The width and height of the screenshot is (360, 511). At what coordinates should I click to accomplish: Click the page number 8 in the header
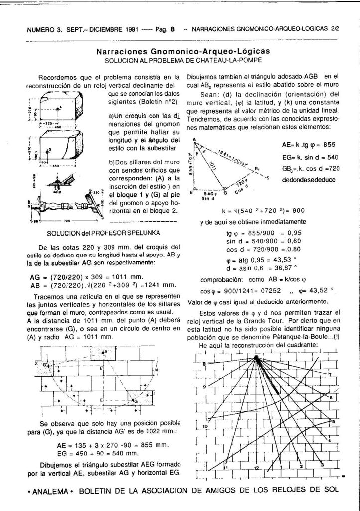tap(172, 29)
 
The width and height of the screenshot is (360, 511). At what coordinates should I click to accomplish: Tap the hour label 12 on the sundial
tap(256, 468)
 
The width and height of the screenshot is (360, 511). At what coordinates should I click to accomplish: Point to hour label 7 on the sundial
tap(330, 374)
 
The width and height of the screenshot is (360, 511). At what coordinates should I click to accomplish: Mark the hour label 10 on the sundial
tap(205, 427)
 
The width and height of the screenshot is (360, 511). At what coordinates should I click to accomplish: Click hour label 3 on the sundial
tap(322, 464)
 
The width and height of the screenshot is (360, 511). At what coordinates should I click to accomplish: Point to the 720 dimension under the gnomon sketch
tap(67, 220)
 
